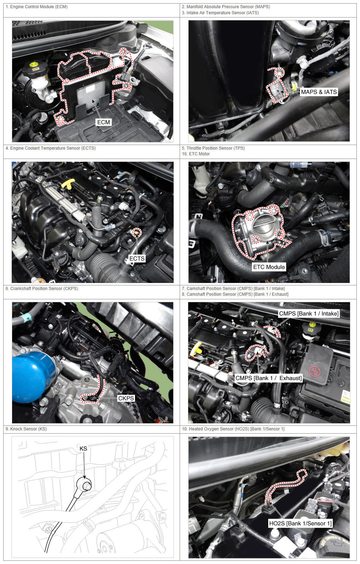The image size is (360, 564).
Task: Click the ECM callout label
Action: (104, 122)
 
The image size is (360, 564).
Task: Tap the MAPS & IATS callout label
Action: (319, 92)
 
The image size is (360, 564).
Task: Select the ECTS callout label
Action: (137, 258)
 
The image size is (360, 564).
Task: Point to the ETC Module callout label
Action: (269, 267)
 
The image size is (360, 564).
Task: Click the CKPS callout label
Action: (126, 398)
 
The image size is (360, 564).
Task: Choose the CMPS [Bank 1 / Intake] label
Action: (309, 314)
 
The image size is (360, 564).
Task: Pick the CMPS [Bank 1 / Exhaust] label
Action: (268, 378)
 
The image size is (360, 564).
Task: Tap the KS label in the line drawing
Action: (83, 448)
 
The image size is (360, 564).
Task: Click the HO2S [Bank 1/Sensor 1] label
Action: (300, 523)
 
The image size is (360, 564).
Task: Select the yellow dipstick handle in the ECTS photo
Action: (69, 184)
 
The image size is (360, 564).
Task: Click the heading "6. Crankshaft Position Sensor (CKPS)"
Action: (42, 289)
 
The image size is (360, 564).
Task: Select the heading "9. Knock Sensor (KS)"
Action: (26, 429)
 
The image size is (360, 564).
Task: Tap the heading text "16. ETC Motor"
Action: (196, 154)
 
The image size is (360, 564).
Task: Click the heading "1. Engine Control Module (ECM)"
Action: (36, 7)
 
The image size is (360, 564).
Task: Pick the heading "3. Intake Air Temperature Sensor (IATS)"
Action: (220, 13)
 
